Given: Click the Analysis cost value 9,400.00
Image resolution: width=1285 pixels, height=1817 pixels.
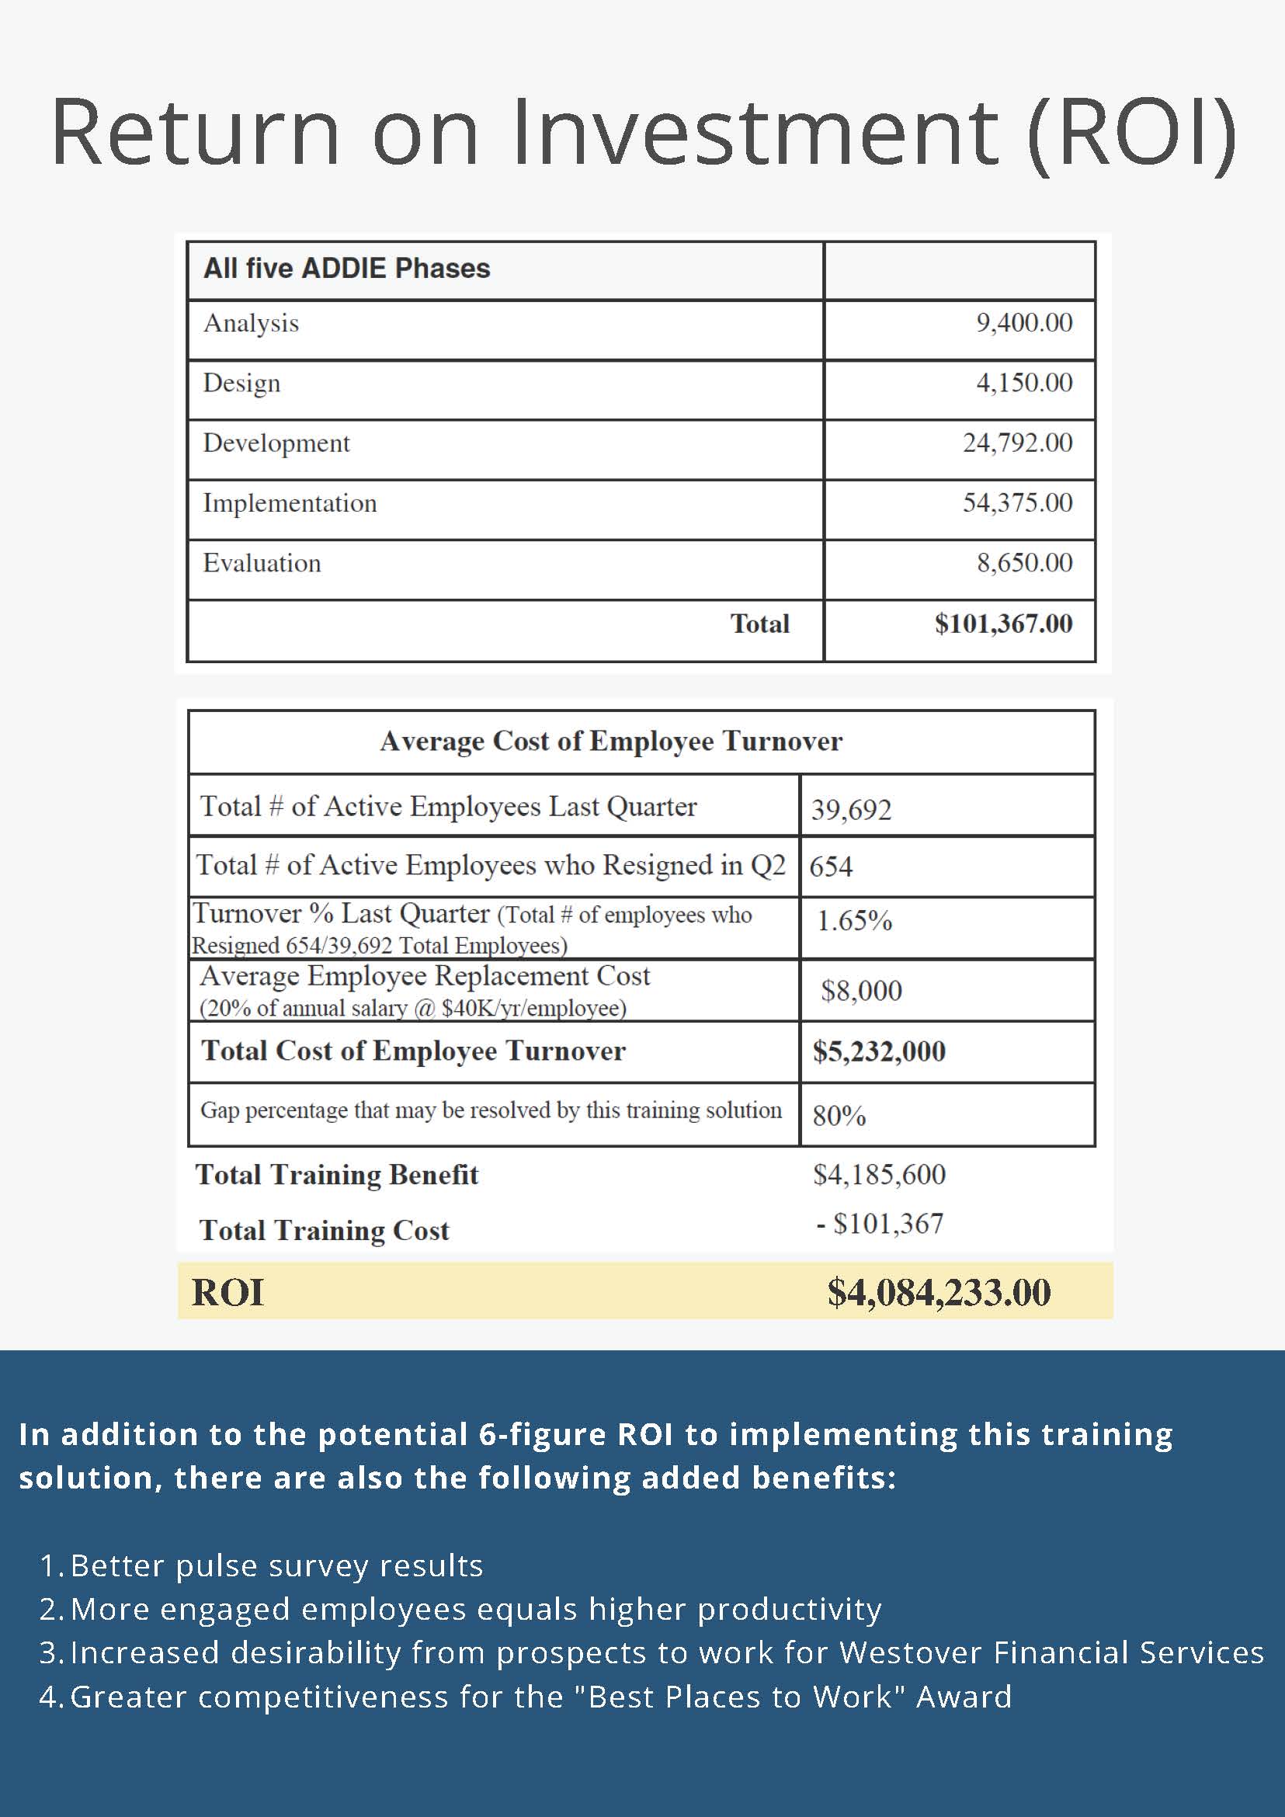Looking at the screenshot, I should point(1024,323).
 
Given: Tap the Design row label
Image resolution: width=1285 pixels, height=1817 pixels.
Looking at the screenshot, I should point(241,383).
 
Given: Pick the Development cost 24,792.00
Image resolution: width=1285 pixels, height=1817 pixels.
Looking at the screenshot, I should point(1018,443).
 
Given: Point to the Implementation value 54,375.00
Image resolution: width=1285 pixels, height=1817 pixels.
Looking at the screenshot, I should point(1018,503).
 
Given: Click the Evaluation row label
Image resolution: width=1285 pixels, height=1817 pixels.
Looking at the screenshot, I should point(262,564).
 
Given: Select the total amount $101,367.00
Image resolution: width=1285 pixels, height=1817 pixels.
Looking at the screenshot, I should point(1003,624).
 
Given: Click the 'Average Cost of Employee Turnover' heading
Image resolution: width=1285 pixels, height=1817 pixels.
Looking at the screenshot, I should point(611,742).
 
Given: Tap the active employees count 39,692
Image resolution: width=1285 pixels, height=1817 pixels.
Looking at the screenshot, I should point(852,810).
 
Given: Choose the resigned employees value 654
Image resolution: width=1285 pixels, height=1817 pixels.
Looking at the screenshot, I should point(831,867).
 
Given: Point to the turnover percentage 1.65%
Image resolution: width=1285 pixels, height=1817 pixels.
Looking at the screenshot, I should point(855,921).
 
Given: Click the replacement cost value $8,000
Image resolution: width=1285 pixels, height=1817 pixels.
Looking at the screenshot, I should point(862,991).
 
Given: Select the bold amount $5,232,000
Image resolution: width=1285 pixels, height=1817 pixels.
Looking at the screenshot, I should point(879,1051).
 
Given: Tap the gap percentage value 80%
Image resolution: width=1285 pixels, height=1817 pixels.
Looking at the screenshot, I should point(839,1116).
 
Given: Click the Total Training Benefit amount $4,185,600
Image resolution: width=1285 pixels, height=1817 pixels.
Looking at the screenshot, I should point(879,1174).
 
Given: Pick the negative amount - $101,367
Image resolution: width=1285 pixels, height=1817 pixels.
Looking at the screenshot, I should point(880,1225).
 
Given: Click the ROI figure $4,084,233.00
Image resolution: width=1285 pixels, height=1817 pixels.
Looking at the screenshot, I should point(939,1292).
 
